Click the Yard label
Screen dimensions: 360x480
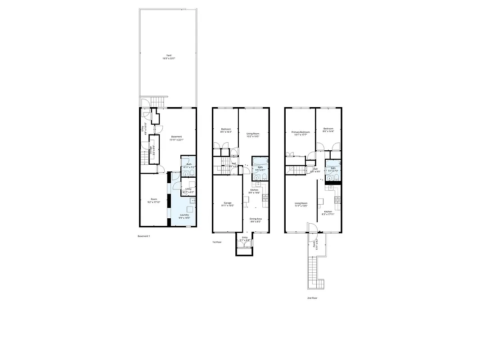[x=169, y=55]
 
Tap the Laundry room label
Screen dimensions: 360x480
[x=184, y=215]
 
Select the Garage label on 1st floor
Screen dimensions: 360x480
[x=228, y=203]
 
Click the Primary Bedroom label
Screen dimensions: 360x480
[x=301, y=132]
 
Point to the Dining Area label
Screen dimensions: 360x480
[x=256, y=219]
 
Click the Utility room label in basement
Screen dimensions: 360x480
[x=188, y=189]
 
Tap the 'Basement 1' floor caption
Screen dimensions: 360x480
[x=144, y=236]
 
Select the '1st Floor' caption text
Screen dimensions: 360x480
[x=217, y=242]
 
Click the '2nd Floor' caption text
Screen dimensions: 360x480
[x=312, y=298]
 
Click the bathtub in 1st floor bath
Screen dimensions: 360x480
[x=260, y=161]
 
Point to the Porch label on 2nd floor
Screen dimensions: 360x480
[x=314, y=245]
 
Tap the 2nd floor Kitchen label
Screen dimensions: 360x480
[x=328, y=211]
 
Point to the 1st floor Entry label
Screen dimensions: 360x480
[x=245, y=237]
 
